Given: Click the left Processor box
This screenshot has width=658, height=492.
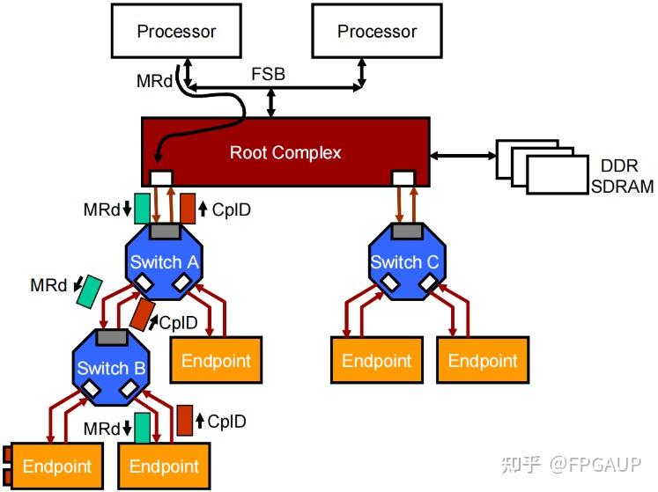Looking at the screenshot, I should coord(176,32).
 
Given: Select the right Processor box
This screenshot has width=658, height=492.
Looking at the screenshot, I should coord(377,32).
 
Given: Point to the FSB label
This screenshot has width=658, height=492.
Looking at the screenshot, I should coord(268,74).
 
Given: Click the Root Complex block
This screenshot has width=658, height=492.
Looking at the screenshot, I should coord(285,152).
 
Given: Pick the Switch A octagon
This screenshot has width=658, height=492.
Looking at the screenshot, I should coord(164,261).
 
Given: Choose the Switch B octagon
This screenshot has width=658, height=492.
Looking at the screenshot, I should coord(111,367).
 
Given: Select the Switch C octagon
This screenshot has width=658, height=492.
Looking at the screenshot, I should coord(404,261).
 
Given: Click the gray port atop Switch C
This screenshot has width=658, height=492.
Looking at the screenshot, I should coord(405,231).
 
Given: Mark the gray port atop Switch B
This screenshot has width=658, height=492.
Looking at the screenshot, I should coord(112,336).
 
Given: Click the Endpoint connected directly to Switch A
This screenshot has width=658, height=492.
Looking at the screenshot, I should coord(216,360).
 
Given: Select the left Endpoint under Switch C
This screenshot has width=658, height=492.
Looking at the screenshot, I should coord(376,360).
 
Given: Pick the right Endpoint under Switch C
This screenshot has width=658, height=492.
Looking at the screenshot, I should coord(483,360).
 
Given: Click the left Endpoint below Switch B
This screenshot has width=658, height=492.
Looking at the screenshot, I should coord(56,466).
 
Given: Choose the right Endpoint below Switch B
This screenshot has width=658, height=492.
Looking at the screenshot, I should coord(164,466).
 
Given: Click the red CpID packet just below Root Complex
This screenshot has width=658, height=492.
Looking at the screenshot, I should coord(188,208).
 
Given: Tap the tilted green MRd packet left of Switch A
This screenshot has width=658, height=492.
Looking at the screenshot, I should coord(89,291).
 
